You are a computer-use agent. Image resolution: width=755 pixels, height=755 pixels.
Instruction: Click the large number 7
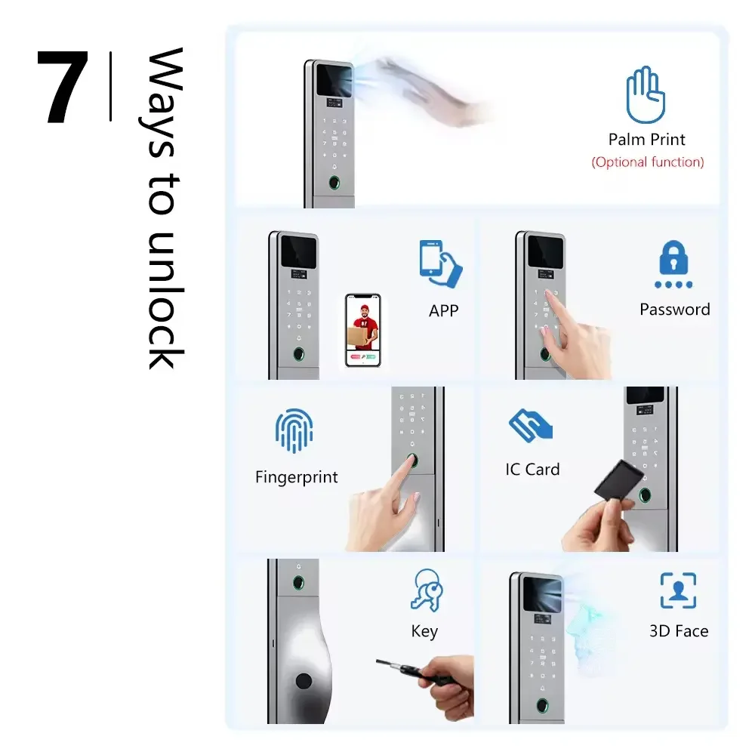63,87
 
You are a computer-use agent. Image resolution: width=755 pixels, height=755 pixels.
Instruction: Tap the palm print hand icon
646,95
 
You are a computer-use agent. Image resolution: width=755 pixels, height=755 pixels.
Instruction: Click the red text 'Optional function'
648,162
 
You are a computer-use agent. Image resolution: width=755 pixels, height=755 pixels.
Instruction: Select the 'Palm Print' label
647,140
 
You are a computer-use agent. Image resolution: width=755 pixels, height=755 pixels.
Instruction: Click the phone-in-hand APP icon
440,263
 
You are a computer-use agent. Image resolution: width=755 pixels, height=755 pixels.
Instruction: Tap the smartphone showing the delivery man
363,331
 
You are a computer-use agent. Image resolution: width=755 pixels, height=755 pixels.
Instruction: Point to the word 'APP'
443,311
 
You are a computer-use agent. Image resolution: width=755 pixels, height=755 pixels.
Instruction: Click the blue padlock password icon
673,263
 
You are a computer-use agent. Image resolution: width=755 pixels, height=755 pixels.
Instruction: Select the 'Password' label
674,310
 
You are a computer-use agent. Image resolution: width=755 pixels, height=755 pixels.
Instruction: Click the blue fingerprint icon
294,431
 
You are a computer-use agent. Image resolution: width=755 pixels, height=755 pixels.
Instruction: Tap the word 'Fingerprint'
297,477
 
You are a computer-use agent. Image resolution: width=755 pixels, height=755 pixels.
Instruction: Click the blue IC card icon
530,425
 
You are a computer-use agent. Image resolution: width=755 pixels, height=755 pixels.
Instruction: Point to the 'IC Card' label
532,470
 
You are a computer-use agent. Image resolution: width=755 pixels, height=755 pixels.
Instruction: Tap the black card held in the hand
619,479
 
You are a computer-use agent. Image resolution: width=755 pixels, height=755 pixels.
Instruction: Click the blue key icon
427,590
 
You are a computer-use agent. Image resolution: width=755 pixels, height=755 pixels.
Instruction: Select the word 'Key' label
424,631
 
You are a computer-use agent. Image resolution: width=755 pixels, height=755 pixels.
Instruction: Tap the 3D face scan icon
678,590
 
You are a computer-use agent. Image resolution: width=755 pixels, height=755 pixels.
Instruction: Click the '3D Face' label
679,631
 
